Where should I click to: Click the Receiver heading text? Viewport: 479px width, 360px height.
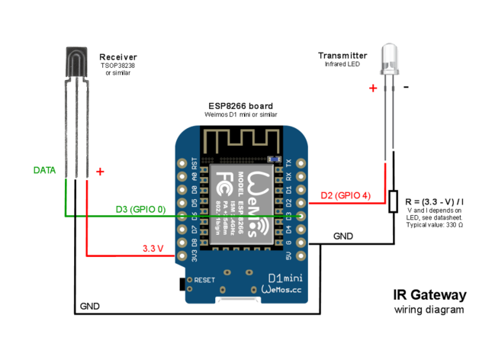(118, 56)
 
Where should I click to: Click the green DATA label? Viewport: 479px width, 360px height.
(44, 170)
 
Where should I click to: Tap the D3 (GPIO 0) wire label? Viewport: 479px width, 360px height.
(140, 208)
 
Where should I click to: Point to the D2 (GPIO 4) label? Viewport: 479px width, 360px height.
(346, 196)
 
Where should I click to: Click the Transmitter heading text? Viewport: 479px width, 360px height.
(342, 56)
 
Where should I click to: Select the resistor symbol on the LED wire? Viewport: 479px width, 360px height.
(393, 201)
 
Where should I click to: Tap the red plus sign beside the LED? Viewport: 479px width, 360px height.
(373, 88)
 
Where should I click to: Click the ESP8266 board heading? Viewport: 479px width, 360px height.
(240, 105)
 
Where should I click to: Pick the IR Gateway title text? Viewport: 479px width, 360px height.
(429, 294)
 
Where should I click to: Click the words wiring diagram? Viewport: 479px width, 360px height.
(429, 310)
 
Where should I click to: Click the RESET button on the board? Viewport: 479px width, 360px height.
(183, 284)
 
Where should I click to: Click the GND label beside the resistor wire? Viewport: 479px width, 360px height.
(344, 236)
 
